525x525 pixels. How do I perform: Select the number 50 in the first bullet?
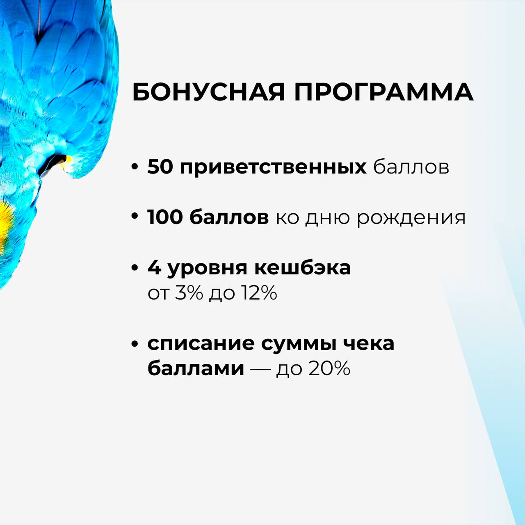[160, 167]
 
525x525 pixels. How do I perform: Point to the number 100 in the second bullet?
[165, 217]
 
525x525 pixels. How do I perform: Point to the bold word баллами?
[196, 370]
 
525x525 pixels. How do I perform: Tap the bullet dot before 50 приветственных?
[134, 167]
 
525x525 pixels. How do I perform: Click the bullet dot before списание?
[134, 344]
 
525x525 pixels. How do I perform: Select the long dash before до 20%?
[260, 370]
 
